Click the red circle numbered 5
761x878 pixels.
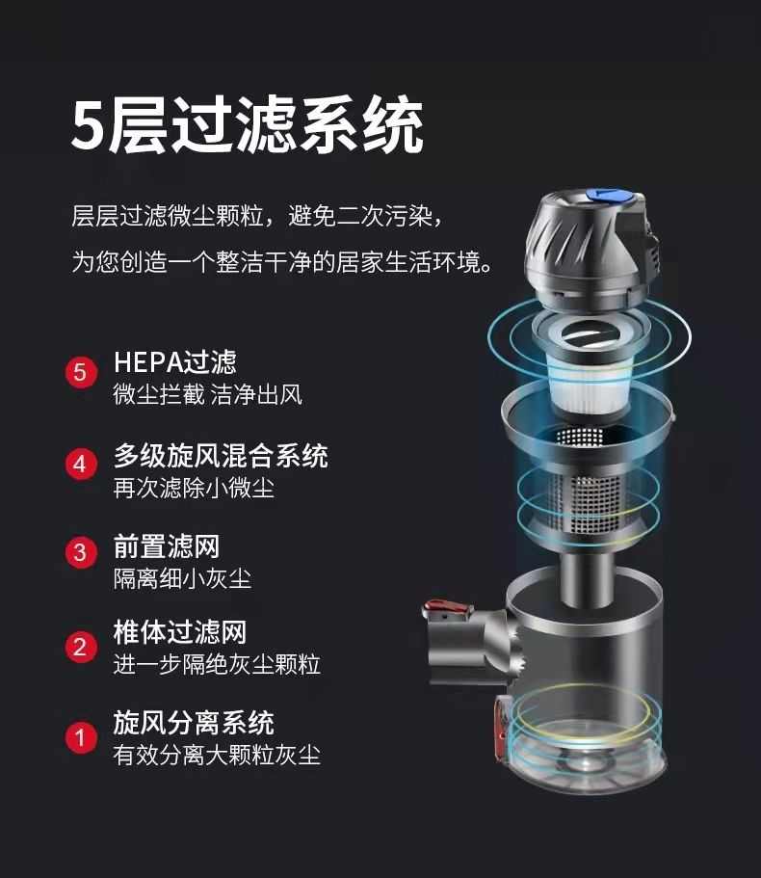pyautogui.click(x=81, y=372)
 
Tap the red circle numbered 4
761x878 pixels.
pyautogui.click(x=81, y=465)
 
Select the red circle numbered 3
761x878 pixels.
pyautogui.click(x=81, y=552)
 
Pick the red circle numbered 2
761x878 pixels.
pyautogui.click(x=81, y=647)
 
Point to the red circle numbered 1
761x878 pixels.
pyautogui.click(x=81, y=737)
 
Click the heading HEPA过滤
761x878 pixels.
pyautogui.click(x=175, y=362)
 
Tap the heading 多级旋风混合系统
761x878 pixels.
pyautogui.click(x=221, y=456)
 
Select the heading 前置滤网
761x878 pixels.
pyautogui.click(x=167, y=546)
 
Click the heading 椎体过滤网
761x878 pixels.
pyautogui.click(x=179, y=633)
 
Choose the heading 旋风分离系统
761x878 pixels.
pyautogui.click(x=194, y=723)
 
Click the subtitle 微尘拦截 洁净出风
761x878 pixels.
pyautogui.click(x=208, y=395)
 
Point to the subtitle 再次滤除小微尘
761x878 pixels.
pyautogui.click(x=194, y=488)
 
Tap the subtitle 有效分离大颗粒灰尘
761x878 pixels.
pyautogui.click(x=217, y=755)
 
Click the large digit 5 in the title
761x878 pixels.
pyautogui.click(x=89, y=126)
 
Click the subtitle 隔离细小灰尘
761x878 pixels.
pyautogui.click(x=182, y=578)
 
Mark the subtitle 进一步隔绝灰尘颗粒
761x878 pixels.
pyautogui.click(x=217, y=665)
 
